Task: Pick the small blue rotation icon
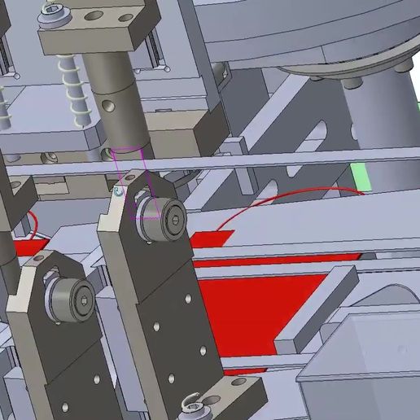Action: click(x=119, y=192)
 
